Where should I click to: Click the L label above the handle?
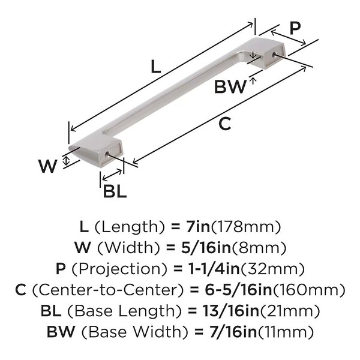(x=156, y=67)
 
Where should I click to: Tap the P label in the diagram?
(x=295, y=28)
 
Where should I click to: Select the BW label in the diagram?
(x=230, y=86)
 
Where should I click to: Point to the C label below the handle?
(x=224, y=124)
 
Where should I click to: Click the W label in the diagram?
(x=48, y=166)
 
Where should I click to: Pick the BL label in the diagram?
(x=115, y=191)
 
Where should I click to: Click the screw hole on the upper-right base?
(x=274, y=54)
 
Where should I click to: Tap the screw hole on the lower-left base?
(x=107, y=155)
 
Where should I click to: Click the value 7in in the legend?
(x=197, y=227)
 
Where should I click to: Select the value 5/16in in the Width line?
(x=206, y=248)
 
